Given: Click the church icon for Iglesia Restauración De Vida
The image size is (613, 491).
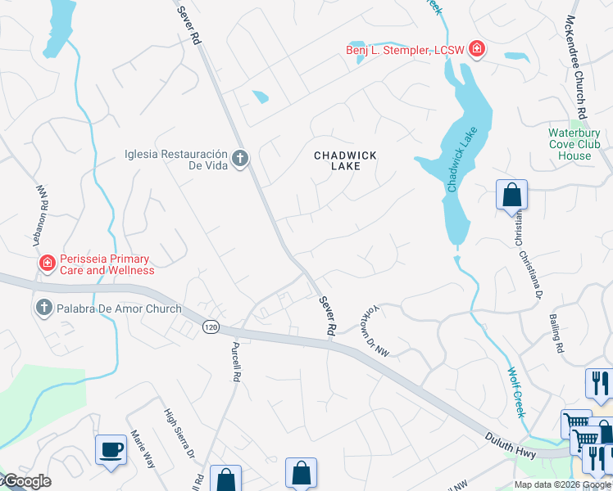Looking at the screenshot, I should [239, 158].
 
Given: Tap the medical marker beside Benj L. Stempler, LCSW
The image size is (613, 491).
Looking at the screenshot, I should [476, 50].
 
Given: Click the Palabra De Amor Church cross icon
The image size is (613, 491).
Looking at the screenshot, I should [43, 309].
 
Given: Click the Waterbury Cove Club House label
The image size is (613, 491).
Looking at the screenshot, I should [574, 144].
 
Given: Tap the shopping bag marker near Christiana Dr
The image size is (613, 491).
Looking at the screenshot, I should [511, 195].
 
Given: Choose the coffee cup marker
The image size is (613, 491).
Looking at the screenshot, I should [111, 449].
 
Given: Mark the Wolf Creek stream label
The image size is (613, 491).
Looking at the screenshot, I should [515, 392].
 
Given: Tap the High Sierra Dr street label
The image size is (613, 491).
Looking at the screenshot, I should [179, 434].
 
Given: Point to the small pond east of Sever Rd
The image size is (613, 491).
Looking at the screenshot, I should [261, 97].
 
